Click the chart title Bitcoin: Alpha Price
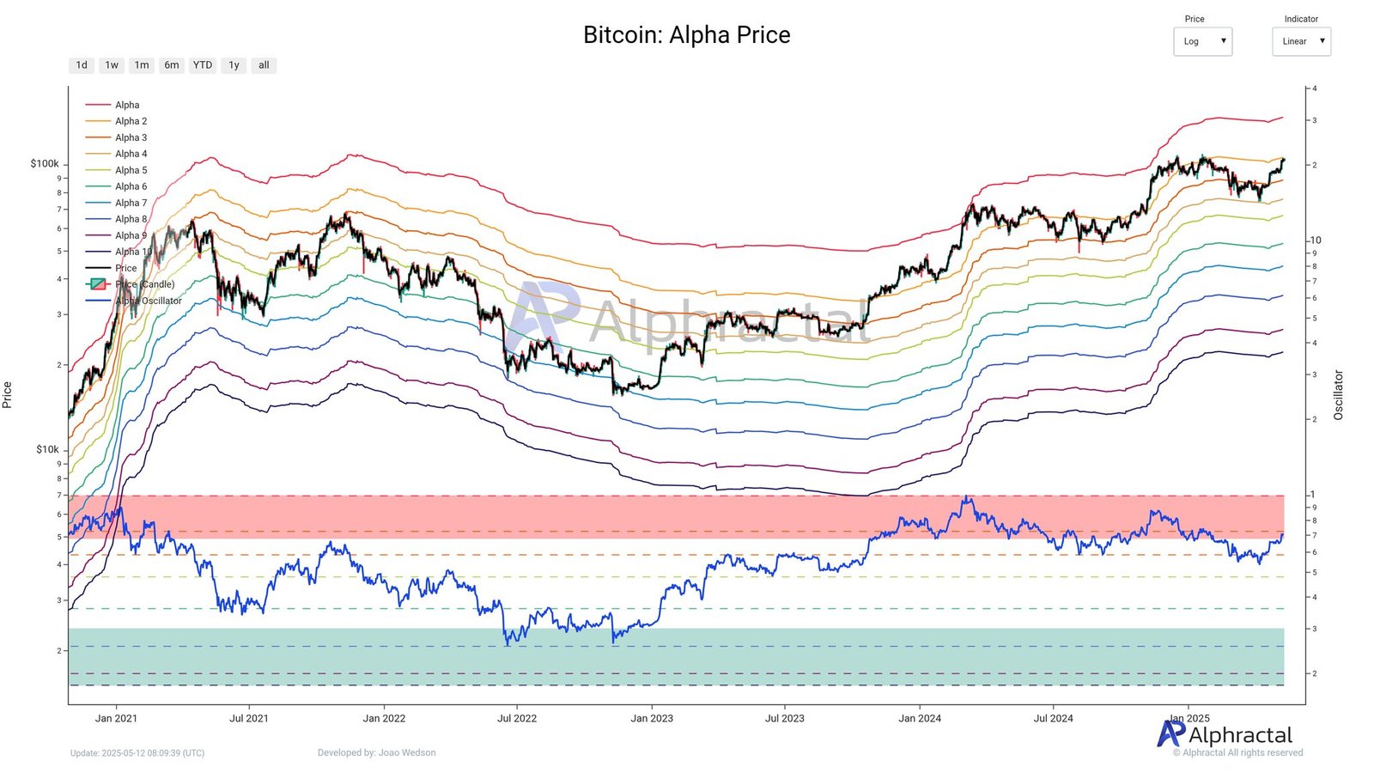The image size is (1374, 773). pyautogui.click(x=686, y=35)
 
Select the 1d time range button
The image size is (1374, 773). pyautogui.click(x=82, y=65)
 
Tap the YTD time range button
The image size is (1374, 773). pyautogui.click(x=203, y=65)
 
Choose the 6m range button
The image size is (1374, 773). pyautogui.click(x=172, y=65)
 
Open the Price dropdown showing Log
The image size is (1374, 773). pyautogui.click(x=1202, y=41)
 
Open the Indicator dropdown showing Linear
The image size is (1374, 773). pyautogui.click(x=1301, y=41)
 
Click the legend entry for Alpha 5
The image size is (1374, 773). pyautogui.click(x=131, y=170)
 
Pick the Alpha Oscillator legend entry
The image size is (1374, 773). pyautogui.click(x=148, y=301)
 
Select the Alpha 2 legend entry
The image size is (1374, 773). pyautogui.click(x=131, y=121)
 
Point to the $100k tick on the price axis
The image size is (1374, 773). pyautogui.click(x=45, y=163)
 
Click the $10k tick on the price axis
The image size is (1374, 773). pyautogui.click(x=47, y=449)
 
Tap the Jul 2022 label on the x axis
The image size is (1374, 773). pyautogui.click(x=517, y=718)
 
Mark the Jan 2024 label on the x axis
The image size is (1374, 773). pyautogui.click(x=920, y=718)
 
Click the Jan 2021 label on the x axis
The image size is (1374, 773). pyautogui.click(x=116, y=718)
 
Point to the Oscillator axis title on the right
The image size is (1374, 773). pyautogui.click(x=1338, y=395)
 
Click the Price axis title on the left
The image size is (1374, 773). pyautogui.click(x=8, y=395)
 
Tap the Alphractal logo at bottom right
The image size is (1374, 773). pyautogui.click(x=1225, y=735)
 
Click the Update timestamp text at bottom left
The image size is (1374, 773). pyautogui.click(x=137, y=753)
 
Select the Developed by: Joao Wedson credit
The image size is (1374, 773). pyautogui.click(x=376, y=753)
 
